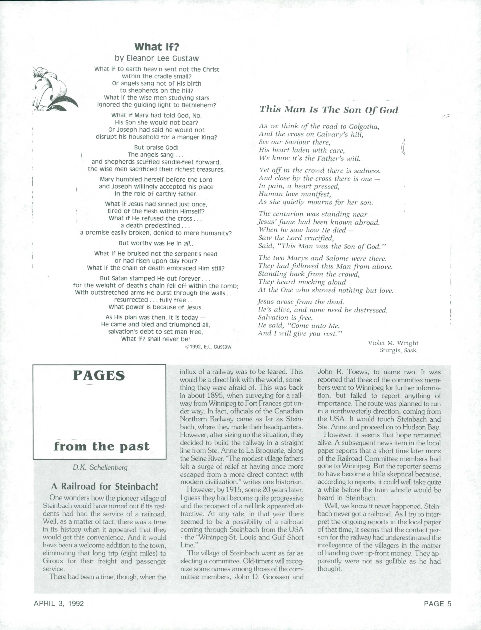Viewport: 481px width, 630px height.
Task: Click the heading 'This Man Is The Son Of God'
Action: [x=329, y=110]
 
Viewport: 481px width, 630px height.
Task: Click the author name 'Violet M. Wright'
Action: [x=393, y=343]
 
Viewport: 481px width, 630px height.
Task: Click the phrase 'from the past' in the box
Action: [x=102, y=446]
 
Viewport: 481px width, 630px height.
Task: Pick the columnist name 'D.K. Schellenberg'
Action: [x=100, y=467]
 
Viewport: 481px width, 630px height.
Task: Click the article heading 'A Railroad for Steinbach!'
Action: [x=105, y=486]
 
